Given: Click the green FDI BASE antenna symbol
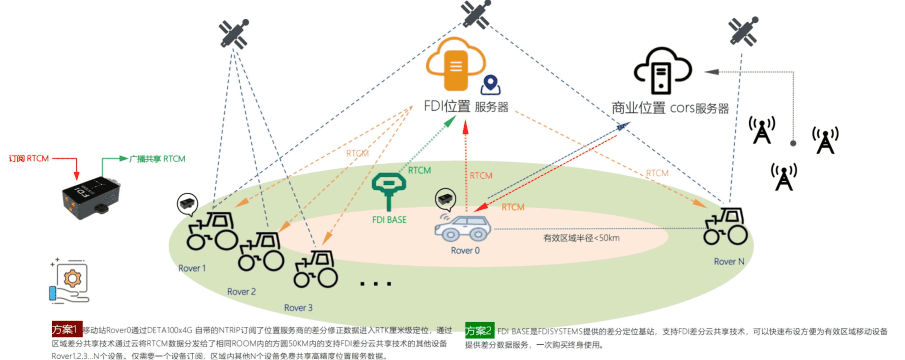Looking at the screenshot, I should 389,190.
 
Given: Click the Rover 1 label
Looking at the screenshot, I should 192,269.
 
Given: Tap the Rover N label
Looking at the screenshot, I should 729,262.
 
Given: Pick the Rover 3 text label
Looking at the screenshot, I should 298,308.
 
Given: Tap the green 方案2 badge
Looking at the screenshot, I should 480,330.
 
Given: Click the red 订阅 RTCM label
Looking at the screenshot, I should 29,159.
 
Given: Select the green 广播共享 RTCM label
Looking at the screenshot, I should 157,159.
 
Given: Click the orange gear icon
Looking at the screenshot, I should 72,278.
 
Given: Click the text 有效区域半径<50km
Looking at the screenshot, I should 581,238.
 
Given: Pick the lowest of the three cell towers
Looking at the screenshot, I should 784,177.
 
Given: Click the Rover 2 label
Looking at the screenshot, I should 241,292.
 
